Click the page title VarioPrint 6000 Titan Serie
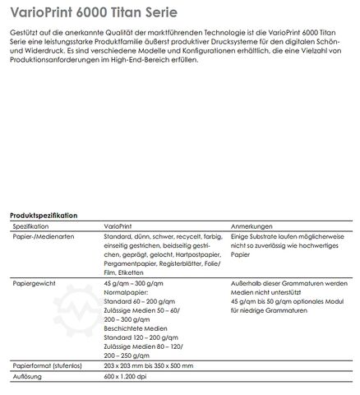point(99,14)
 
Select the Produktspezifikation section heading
point(44,215)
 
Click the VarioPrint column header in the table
point(120,225)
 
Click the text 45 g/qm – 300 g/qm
point(135,282)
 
